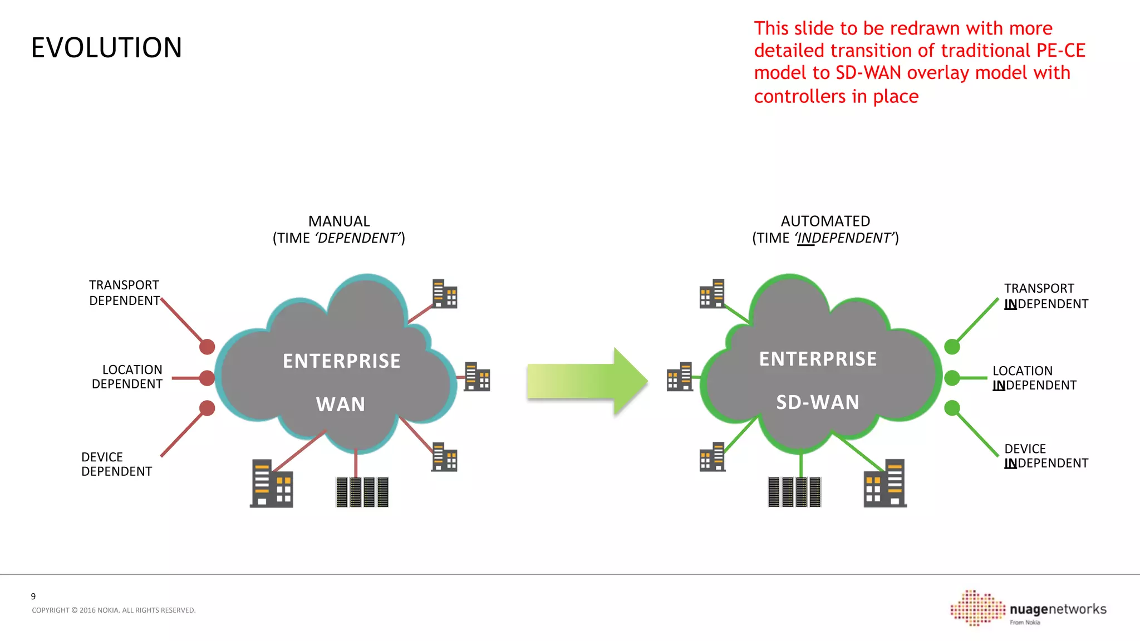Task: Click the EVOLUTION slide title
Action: coord(106,48)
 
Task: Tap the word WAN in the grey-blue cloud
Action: coord(341,404)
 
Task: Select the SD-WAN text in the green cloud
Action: coord(818,402)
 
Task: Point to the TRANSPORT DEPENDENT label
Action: coord(124,293)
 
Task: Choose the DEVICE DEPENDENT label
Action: coord(116,464)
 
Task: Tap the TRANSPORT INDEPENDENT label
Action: coord(1045,296)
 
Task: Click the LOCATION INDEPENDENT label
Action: coord(1034,378)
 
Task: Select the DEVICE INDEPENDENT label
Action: coord(1045,456)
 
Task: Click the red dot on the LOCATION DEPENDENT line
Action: coord(207,378)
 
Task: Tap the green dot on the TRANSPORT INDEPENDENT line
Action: coord(952,347)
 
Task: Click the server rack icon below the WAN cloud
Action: coord(362,492)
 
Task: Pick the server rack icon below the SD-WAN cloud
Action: coord(794,492)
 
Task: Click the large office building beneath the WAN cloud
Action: coord(271,484)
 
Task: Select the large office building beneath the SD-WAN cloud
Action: coord(885,484)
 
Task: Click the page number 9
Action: coord(33,596)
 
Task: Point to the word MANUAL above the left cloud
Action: coord(338,221)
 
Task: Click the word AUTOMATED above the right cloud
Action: coord(825,221)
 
